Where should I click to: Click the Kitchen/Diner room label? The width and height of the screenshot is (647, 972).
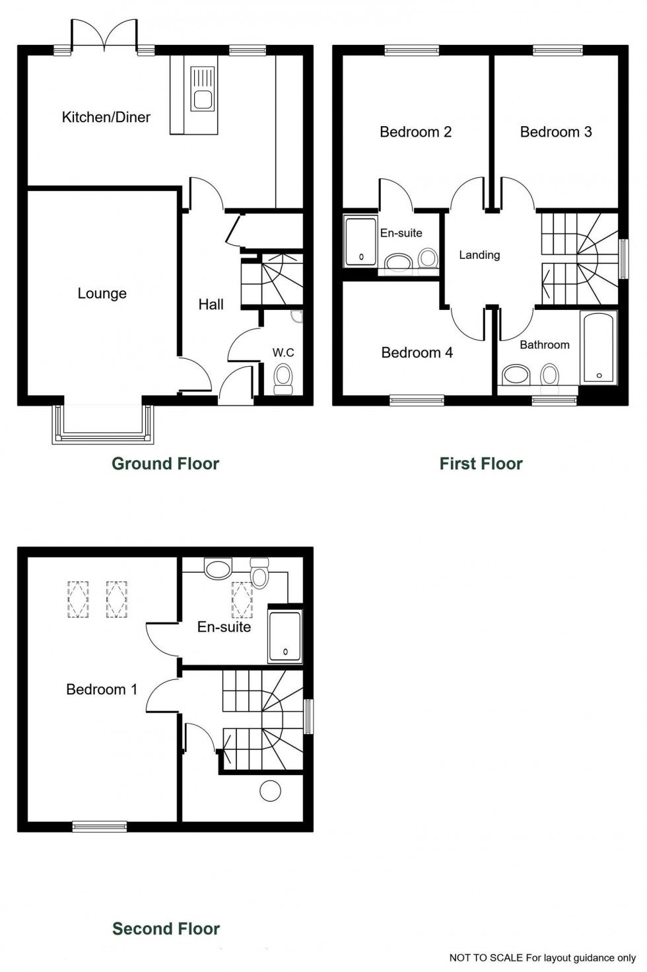(x=106, y=117)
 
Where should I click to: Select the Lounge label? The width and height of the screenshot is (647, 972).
(x=102, y=293)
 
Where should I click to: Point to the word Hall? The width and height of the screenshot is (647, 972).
(x=211, y=305)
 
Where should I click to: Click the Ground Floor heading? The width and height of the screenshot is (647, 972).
(x=165, y=464)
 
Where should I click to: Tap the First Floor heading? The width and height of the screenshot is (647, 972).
(x=481, y=464)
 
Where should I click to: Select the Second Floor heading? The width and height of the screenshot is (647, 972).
(x=166, y=929)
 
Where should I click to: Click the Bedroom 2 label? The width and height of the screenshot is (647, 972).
(x=415, y=132)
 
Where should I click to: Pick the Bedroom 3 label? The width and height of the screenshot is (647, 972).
(x=556, y=132)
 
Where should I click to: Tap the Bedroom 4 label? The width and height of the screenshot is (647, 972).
(x=417, y=353)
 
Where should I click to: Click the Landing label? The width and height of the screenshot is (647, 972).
(x=479, y=255)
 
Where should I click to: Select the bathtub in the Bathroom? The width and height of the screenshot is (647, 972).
(x=599, y=348)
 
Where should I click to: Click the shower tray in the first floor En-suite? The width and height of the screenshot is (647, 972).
(x=360, y=241)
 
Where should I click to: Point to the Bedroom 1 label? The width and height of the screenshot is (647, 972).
(x=102, y=690)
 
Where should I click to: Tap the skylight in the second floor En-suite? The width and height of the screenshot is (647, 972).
(x=242, y=600)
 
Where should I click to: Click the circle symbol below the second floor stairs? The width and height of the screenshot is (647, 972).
(x=270, y=791)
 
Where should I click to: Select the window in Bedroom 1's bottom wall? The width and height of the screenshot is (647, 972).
(x=99, y=826)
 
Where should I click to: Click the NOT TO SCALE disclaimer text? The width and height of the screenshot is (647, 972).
(x=542, y=957)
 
